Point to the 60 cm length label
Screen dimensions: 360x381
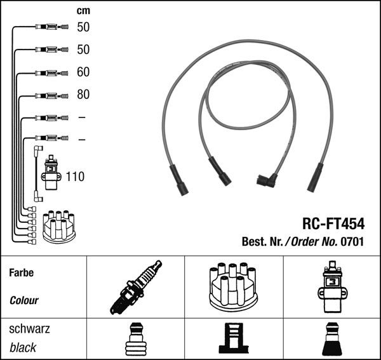coord(83,72)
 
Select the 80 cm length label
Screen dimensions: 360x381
coord(83,95)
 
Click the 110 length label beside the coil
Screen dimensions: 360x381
coord(75,177)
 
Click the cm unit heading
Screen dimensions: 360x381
coord(83,11)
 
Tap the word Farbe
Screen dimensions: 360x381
coord(22,273)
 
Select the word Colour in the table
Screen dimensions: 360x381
coord(24,300)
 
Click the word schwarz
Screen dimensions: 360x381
coord(29,329)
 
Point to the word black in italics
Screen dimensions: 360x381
coord(23,347)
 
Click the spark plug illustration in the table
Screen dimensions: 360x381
coord(135,288)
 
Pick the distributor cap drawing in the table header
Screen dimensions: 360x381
coord(234,286)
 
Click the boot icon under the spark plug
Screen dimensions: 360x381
coord(135,339)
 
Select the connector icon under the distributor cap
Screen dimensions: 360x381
coord(233,339)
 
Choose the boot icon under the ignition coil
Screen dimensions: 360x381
coord(332,339)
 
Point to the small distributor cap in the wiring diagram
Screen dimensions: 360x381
coord(58,226)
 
